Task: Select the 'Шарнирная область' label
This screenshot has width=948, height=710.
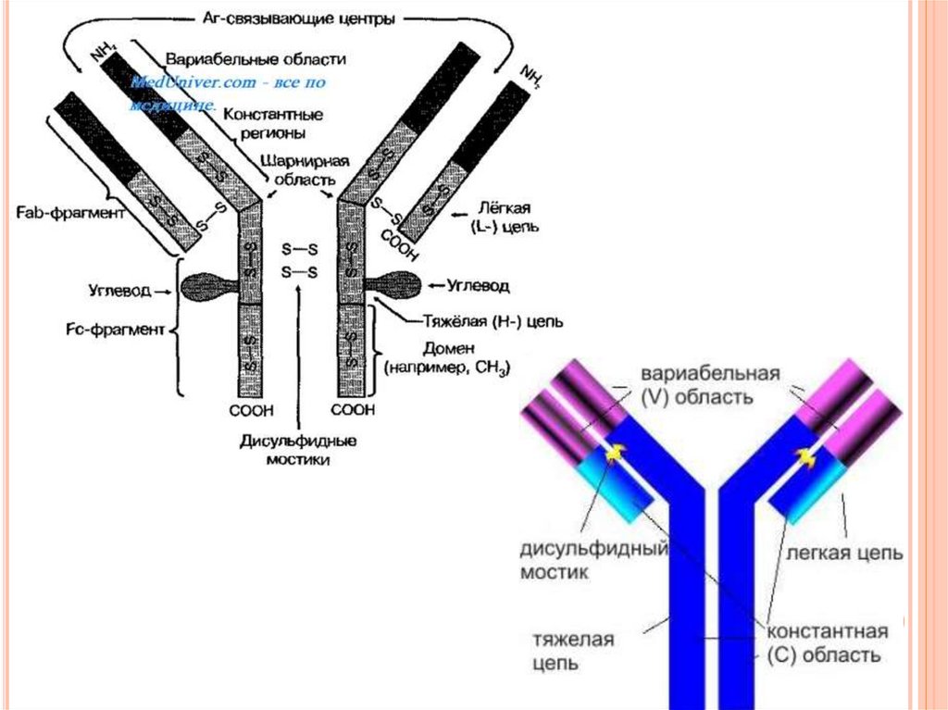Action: [297, 168]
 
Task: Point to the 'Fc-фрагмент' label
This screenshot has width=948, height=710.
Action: [119, 329]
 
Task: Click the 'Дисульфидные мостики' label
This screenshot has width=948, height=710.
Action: [298, 449]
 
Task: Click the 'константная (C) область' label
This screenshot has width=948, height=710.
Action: [827, 643]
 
